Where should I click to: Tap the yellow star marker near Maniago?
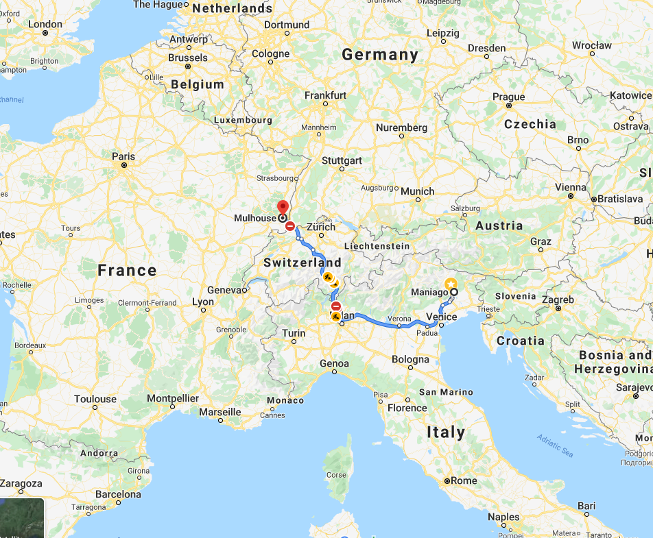[x=451, y=284]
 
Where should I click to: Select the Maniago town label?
[x=430, y=293]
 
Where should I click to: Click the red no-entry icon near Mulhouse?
[x=290, y=225]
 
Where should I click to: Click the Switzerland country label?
[x=302, y=262]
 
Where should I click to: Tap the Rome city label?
[x=463, y=480]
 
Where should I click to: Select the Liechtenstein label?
[x=377, y=246]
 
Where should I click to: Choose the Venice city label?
[x=441, y=317]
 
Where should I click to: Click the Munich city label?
[x=418, y=191]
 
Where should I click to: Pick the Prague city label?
[x=508, y=97]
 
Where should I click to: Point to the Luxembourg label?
[x=242, y=120]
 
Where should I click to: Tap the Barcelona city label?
[x=118, y=494]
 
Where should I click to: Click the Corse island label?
[x=336, y=474]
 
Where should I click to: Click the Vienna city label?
[x=571, y=187]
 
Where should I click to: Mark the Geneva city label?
[x=224, y=290]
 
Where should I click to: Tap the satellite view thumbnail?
[x=22, y=518]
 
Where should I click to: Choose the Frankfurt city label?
[x=325, y=95]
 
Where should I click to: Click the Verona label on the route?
[x=399, y=319]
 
